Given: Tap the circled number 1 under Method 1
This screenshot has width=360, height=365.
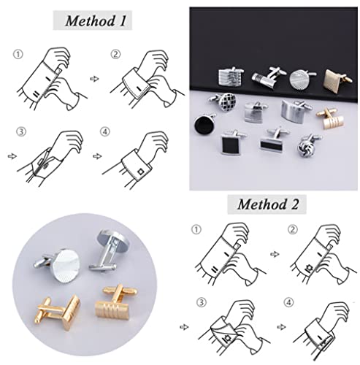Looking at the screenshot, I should [x=17, y=55].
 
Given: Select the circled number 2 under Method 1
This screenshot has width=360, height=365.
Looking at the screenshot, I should [x=115, y=55].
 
